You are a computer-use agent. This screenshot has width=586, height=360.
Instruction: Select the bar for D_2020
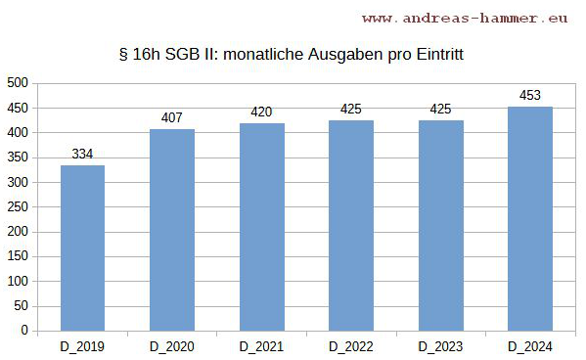coord(172,230)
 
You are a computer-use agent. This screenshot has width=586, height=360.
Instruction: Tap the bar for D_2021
coord(262,227)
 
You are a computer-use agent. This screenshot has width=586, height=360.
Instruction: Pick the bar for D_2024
coord(530,218)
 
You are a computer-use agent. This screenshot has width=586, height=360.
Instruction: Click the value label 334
coord(82,154)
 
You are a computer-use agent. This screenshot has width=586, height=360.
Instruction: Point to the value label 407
coord(172,117)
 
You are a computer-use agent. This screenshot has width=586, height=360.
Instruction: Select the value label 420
coord(262,112)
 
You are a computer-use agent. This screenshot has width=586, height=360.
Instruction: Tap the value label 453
coord(530,95)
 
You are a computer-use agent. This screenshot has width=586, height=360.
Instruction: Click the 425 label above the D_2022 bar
coord(351,109)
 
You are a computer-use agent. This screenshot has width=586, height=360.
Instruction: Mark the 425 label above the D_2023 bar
coord(441,109)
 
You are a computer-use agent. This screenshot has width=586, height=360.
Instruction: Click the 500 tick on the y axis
coord(17,83)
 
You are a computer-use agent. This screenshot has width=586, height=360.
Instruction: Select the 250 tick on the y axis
coord(17,207)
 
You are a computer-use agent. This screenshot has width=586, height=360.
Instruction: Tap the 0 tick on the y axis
coord(23,331)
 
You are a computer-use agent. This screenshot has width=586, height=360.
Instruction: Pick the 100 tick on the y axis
coord(17,282)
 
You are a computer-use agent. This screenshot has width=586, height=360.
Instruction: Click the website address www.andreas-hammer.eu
coord(466,18)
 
